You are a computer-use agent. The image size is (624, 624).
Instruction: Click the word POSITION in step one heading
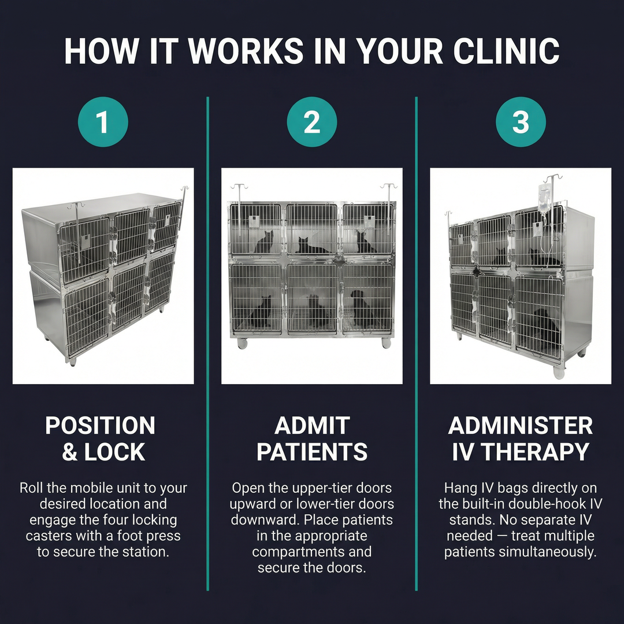(x=101, y=426)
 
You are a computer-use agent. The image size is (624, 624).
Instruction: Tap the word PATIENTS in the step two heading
(x=312, y=452)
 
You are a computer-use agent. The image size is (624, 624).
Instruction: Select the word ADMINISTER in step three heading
(x=521, y=426)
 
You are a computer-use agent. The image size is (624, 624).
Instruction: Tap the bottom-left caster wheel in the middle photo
(x=242, y=343)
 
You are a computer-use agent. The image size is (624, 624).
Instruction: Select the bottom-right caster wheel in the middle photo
(x=386, y=343)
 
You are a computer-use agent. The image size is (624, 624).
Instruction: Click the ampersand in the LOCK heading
(x=69, y=452)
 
